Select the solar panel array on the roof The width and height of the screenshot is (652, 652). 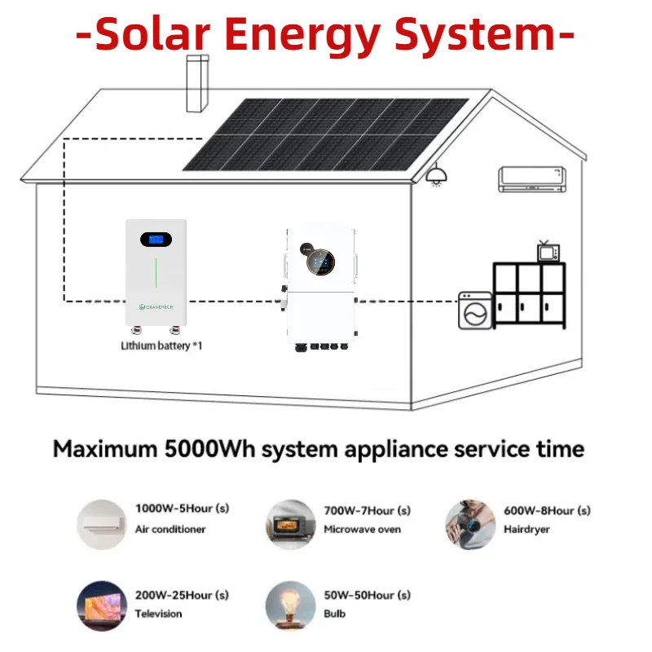(x=326, y=134)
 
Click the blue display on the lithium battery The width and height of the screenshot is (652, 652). (x=155, y=240)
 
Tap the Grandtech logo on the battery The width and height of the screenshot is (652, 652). (x=155, y=306)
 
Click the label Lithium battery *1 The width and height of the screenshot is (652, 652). (x=161, y=346)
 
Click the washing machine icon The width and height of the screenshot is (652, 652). (x=475, y=311)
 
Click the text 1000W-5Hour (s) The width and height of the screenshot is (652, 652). (x=182, y=509)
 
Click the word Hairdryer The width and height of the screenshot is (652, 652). (x=526, y=529)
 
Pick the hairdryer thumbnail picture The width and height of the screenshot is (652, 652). (x=469, y=524)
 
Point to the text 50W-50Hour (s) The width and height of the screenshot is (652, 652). (x=367, y=595)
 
